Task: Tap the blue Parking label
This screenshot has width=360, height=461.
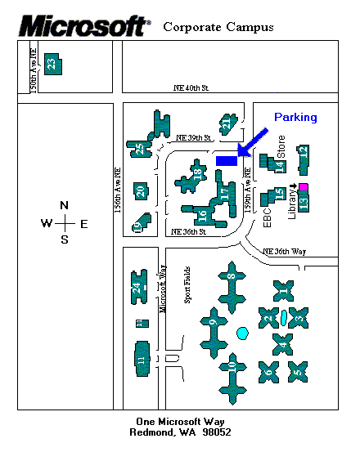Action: [x=295, y=118]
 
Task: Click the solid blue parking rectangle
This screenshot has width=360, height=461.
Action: [x=226, y=160]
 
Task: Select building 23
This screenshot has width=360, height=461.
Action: [x=52, y=64]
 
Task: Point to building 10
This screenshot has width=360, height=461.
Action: [x=232, y=374]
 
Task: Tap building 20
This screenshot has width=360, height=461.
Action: [x=141, y=191]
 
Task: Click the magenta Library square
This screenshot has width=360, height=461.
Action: [x=303, y=188]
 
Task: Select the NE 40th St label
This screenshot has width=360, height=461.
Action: [x=191, y=88]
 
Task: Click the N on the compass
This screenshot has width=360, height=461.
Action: [x=64, y=205]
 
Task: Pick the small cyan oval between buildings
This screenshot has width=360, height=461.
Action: [x=283, y=316]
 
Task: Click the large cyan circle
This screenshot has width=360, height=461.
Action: [x=242, y=333]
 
